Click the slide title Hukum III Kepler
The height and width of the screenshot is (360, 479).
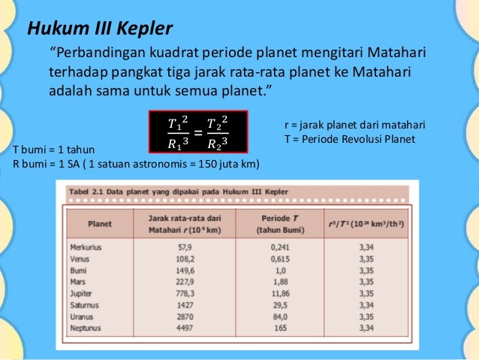[x=100, y=29]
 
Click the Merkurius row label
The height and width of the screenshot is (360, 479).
[x=86, y=247]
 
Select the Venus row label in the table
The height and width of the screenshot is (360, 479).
[x=80, y=259]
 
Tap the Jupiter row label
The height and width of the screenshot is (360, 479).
[x=82, y=293]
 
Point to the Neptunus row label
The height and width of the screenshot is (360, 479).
[x=86, y=328]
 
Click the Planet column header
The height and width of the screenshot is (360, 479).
[x=100, y=223]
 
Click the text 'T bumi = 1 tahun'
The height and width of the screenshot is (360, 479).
[x=50, y=150]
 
